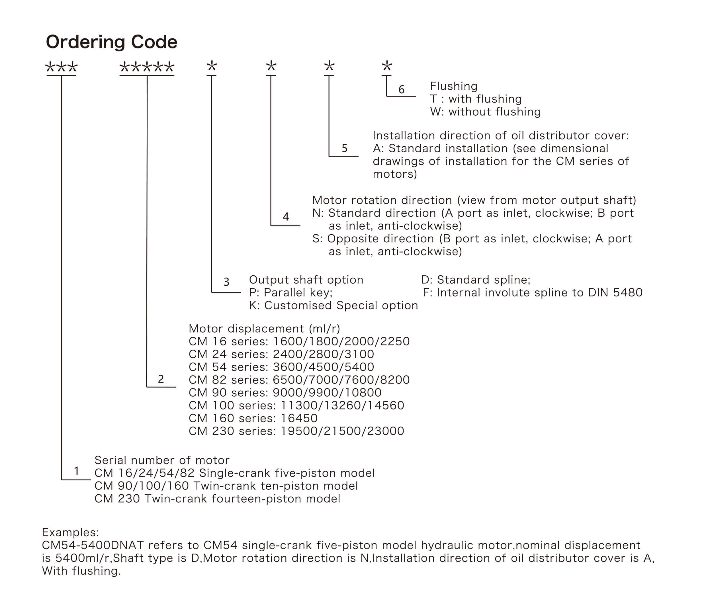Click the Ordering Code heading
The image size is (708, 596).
click(x=112, y=42)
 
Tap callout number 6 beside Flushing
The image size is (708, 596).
click(x=402, y=89)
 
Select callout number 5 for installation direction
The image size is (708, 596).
click(x=344, y=148)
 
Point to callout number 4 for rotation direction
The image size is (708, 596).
click(x=286, y=217)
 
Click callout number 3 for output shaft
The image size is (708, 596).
click(x=226, y=282)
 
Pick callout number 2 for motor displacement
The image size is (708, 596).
click(x=161, y=379)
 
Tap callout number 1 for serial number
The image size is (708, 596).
click(x=77, y=471)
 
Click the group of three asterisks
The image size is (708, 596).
click(x=62, y=67)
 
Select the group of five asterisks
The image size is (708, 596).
click(x=147, y=67)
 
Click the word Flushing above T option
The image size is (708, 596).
click(x=453, y=86)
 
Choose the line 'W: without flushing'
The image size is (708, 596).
click(x=485, y=112)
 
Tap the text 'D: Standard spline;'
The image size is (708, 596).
click(x=476, y=280)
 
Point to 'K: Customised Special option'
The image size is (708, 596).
click(x=333, y=306)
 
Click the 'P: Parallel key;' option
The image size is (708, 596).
click(x=291, y=293)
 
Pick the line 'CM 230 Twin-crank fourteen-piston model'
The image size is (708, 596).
click(x=217, y=499)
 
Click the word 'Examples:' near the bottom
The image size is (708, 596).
click(x=70, y=532)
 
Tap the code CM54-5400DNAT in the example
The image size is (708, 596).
click(x=93, y=545)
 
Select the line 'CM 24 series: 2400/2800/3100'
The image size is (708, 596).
click(x=281, y=354)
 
